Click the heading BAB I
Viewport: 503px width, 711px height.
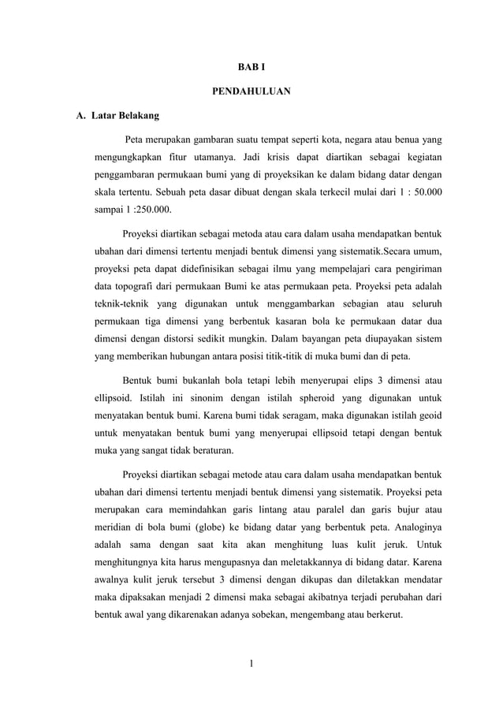click(251, 69)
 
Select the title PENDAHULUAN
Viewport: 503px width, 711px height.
click(251, 92)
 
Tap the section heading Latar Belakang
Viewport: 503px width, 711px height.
click(125, 117)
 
